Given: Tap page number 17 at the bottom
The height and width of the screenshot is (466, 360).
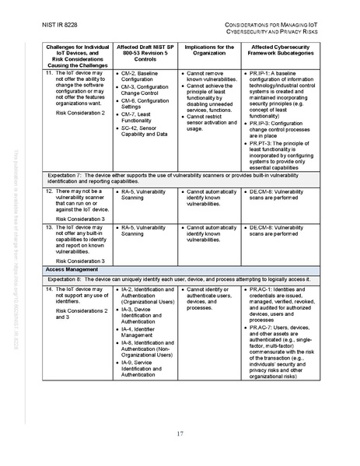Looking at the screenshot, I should point(179,433).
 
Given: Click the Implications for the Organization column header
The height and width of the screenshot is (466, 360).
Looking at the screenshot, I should point(208,51).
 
